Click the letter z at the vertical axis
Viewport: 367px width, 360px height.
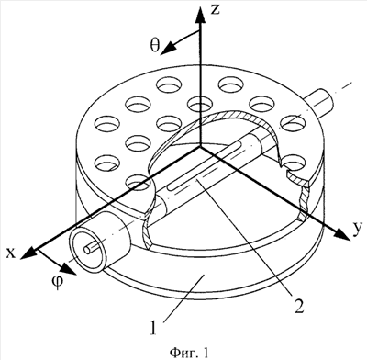click(x=216, y=9)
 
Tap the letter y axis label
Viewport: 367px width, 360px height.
click(x=354, y=230)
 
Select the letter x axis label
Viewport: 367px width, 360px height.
click(x=11, y=253)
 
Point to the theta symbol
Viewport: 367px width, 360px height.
click(x=155, y=45)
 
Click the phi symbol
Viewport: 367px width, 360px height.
click(x=58, y=280)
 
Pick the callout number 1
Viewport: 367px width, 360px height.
click(x=154, y=328)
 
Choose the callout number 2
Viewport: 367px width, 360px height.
click(x=298, y=306)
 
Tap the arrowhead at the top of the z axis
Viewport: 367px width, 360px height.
click(x=200, y=15)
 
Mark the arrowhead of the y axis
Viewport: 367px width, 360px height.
click(x=341, y=234)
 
